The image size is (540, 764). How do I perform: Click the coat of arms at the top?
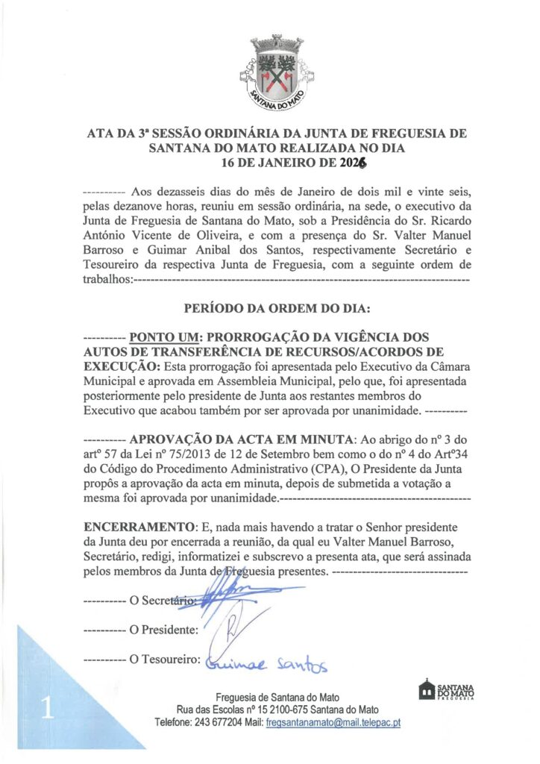point(269,74)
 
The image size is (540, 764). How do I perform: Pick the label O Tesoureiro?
point(165,660)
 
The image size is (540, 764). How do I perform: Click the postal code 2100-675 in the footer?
point(297,710)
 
